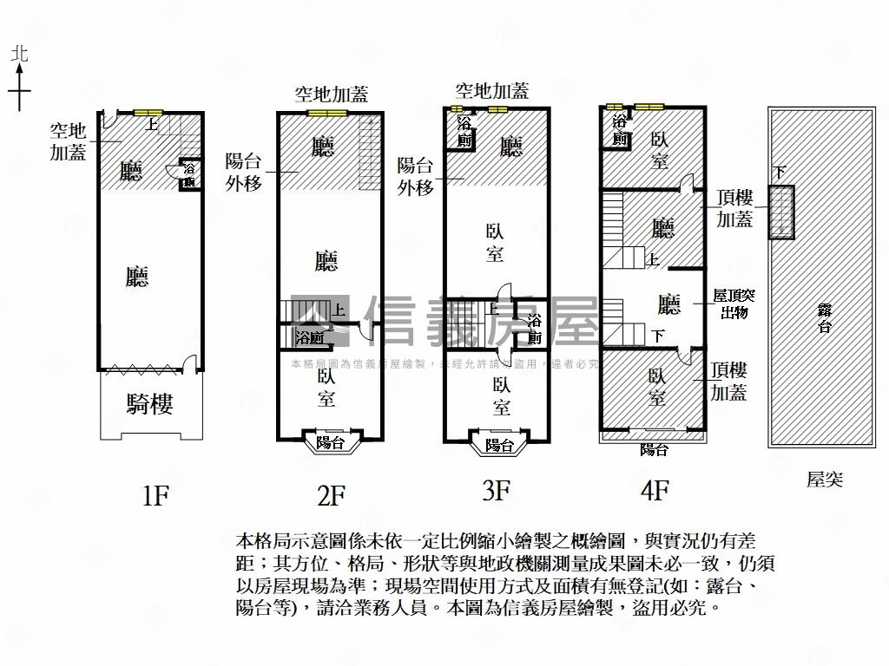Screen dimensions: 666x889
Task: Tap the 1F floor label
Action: [155, 496]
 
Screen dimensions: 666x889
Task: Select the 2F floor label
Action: [332, 496]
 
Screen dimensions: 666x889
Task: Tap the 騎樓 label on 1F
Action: [150, 404]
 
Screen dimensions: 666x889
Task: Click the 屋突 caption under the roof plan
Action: [824, 480]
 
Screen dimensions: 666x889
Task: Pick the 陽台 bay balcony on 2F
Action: [330, 442]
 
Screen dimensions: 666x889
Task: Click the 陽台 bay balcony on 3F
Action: [498, 445]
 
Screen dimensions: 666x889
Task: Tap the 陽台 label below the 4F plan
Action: [654, 450]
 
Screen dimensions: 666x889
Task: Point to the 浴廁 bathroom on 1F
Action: [188, 175]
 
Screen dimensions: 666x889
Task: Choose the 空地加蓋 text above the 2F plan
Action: [331, 95]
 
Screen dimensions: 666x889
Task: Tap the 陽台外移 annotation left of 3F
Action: [415, 176]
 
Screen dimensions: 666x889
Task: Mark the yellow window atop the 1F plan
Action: [148, 112]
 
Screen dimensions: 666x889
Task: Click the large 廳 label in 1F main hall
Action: [137, 277]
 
